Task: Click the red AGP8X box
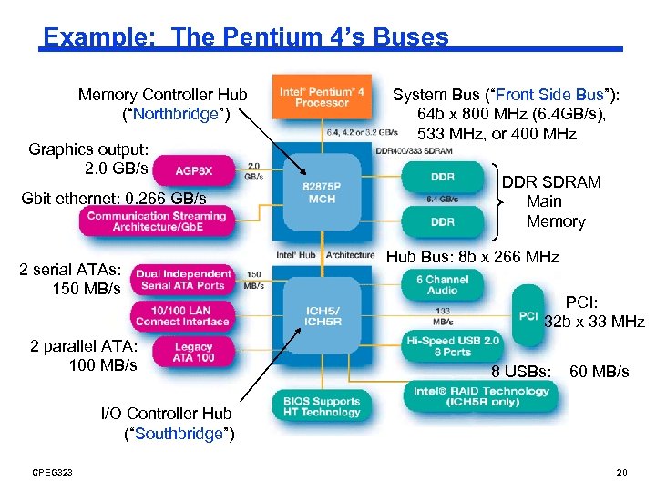point(195,170)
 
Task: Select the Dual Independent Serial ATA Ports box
point(184,280)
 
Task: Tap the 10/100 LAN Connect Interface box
point(183,315)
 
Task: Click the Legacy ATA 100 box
point(193,353)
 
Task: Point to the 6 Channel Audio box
point(442,285)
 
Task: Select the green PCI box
point(528,315)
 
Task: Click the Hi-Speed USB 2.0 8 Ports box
point(453,346)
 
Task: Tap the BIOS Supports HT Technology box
point(322,406)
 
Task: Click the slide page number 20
point(622,471)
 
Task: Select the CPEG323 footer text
point(52,471)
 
